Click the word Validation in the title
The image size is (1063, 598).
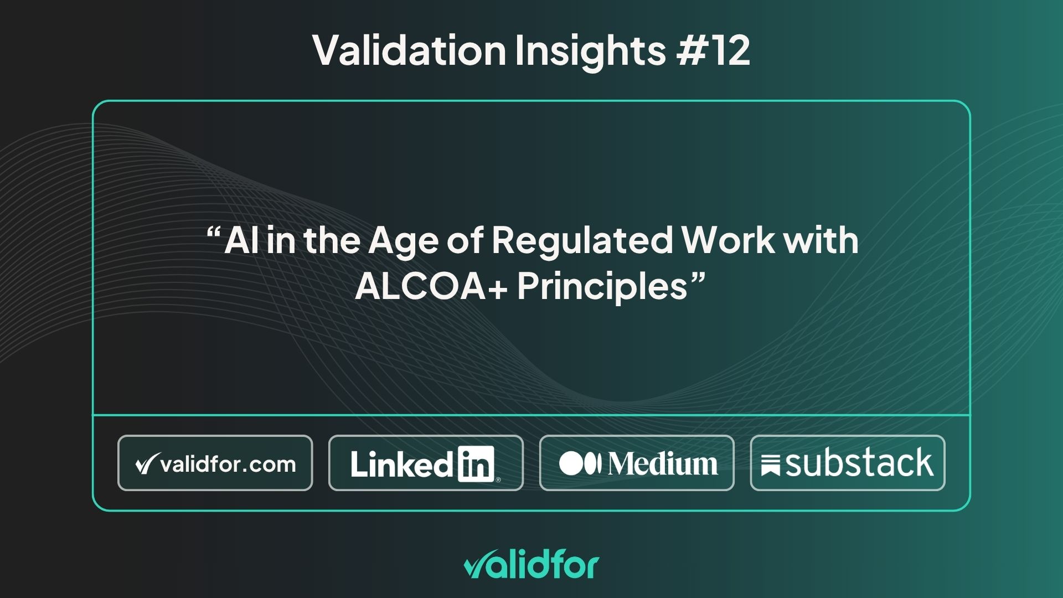(x=409, y=50)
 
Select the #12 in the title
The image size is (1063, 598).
(x=713, y=50)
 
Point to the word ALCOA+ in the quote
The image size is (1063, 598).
(x=431, y=286)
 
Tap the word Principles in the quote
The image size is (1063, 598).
(x=602, y=287)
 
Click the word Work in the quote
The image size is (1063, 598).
(x=728, y=240)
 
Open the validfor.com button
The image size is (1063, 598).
(x=215, y=463)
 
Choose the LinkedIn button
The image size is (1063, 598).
(x=426, y=463)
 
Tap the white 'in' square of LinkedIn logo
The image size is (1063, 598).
(x=476, y=464)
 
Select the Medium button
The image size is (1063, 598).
(x=637, y=463)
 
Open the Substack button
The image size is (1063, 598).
(x=848, y=463)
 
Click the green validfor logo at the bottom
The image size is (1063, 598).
(x=531, y=565)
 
